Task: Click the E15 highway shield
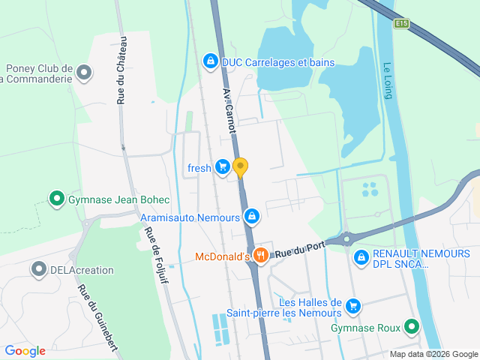coord(402,24)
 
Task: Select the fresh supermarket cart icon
coord(222,167)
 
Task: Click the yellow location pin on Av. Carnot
coord(240,166)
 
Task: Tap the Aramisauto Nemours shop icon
coord(252,217)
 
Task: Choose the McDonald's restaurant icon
coord(261,256)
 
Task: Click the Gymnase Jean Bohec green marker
coord(56,199)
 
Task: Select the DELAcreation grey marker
coord(38,268)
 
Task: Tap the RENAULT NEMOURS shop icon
coord(361,257)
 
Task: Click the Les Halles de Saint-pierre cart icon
coord(353,306)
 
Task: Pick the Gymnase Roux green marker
coord(411,327)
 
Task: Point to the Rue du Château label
coord(121,70)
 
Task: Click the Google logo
coord(25,350)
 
